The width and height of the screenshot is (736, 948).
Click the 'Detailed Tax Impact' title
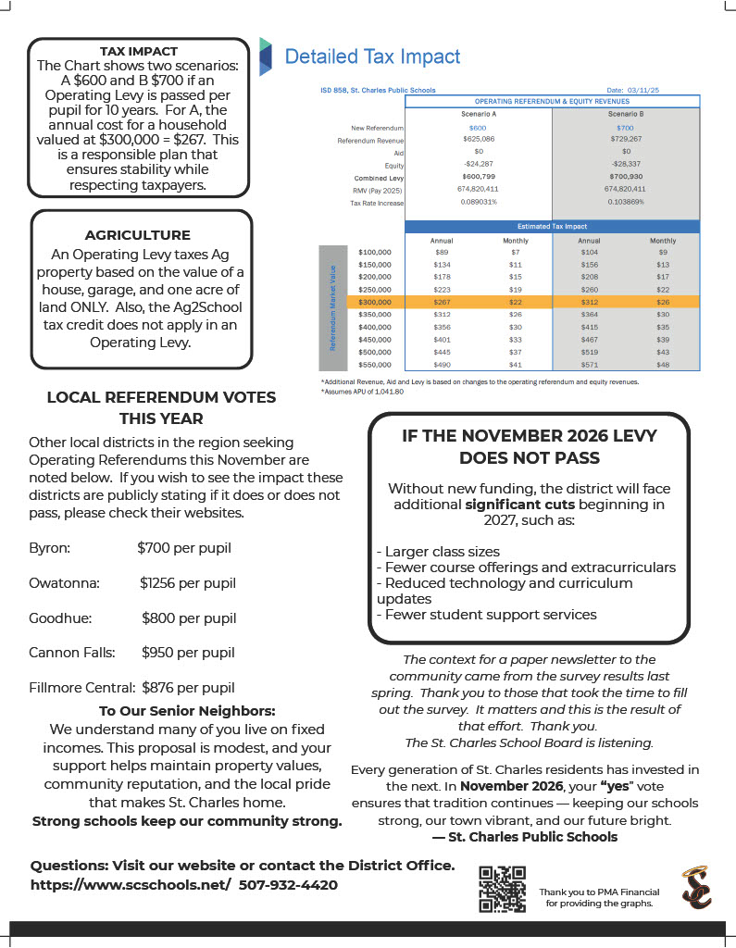click(x=372, y=56)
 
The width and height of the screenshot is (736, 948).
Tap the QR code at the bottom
click(x=502, y=890)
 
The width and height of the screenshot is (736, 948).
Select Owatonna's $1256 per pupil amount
click(x=188, y=583)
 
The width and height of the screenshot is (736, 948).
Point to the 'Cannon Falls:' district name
click(x=72, y=653)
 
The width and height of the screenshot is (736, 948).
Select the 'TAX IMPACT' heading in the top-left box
click(x=139, y=51)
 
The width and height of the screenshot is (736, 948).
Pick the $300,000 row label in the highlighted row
click(x=374, y=302)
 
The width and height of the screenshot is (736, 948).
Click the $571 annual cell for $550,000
click(x=589, y=365)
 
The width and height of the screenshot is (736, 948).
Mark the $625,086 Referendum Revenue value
click(x=478, y=138)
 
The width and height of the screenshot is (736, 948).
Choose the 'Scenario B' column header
click(x=626, y=113)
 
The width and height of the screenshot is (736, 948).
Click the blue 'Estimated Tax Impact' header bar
click(x=552, y=226)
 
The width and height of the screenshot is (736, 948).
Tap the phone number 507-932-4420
click(x=288, y=885)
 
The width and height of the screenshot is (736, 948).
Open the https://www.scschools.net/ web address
click(x=131, y=885)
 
